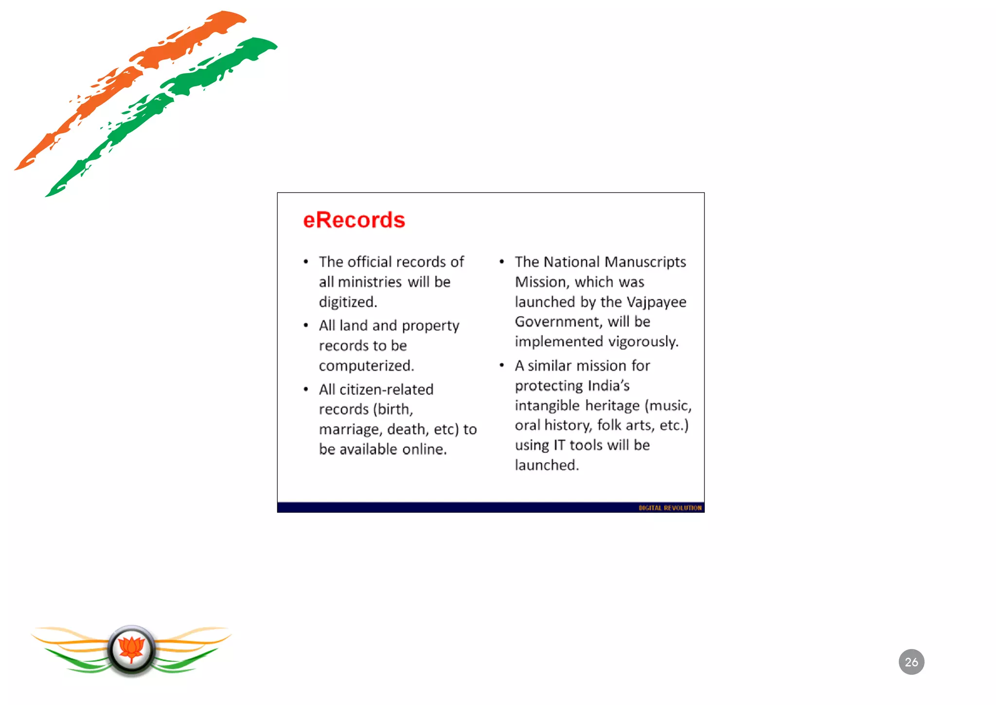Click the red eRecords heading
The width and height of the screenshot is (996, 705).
(x=354, y=220)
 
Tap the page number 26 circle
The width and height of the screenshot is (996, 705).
(x=911, y=662)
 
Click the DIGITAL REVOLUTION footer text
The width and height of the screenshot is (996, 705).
(x=670, y=508)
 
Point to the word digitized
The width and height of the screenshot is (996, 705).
(x=348, y=302)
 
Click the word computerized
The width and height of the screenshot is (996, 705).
(x=366, y=366)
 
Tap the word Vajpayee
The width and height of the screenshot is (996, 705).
(x=656, y=302)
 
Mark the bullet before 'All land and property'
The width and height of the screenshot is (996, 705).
(x=306, y=325)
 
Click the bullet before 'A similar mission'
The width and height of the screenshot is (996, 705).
(x=501, y=365)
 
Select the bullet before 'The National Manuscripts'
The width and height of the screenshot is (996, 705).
(x=501, y=262)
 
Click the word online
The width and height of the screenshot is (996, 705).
(x=425, y=449)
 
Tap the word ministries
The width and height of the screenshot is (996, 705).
(x=370, y=282)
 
